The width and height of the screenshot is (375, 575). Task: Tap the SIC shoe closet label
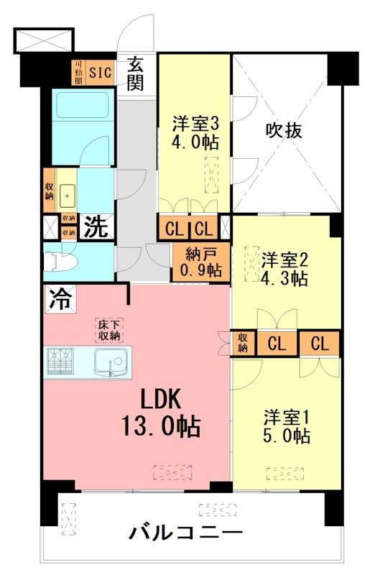[101, 71]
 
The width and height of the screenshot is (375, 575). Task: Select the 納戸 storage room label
[200, 254]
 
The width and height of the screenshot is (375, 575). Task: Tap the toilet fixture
[58, 262]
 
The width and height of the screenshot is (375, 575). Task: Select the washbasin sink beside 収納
[69, 192]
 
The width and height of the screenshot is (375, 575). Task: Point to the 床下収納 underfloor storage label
[110, 330]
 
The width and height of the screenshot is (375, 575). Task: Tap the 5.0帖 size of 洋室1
[287, 436]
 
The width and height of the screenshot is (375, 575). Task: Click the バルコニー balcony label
[185, 534]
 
